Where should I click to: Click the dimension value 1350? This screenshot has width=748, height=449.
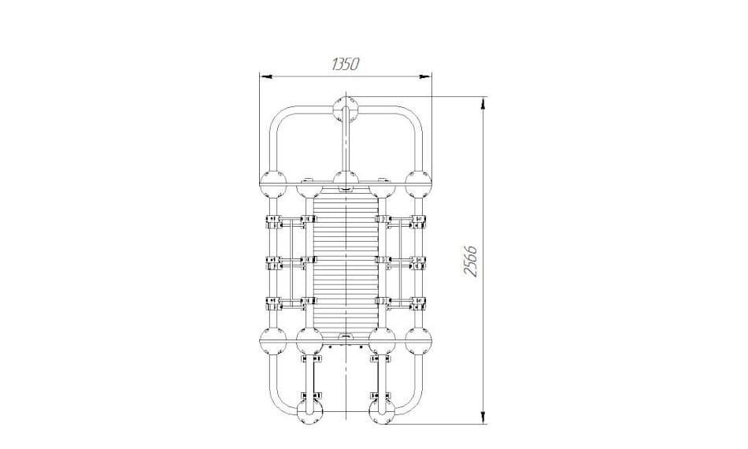(x=345, y=64)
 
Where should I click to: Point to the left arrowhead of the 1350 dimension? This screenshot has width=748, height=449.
(x=265, y=76)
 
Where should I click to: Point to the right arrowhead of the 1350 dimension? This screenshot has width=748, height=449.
(x=424, y=76)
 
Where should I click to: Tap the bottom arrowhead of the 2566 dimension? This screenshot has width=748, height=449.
(x=483, y=416)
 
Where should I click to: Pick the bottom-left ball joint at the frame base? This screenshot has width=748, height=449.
(x=309, y=412)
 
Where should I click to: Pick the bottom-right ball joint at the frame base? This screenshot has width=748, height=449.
(x=382, y=412)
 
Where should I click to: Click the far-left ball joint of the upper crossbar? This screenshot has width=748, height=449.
(x=273, y=184)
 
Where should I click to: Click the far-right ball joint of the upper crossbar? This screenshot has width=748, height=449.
(x=418, y=184)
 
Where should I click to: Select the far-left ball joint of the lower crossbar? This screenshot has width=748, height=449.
(x=273, y=341)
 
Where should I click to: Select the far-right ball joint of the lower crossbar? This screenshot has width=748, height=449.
(x=418, y=341)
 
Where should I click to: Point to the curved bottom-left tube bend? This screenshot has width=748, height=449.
(x=278, y=406)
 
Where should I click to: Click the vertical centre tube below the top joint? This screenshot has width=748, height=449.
(x=346, y=143)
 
